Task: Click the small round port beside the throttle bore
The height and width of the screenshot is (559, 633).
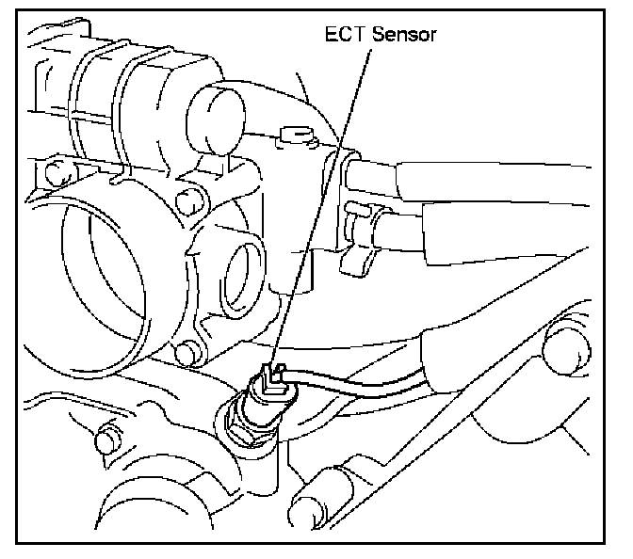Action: pyautogui.click(x=248, y=267)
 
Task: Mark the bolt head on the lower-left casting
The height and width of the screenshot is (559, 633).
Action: pyautogui.click(x=108, y=438)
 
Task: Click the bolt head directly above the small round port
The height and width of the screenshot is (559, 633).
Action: pyautogui.click(x=187, y=200)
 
